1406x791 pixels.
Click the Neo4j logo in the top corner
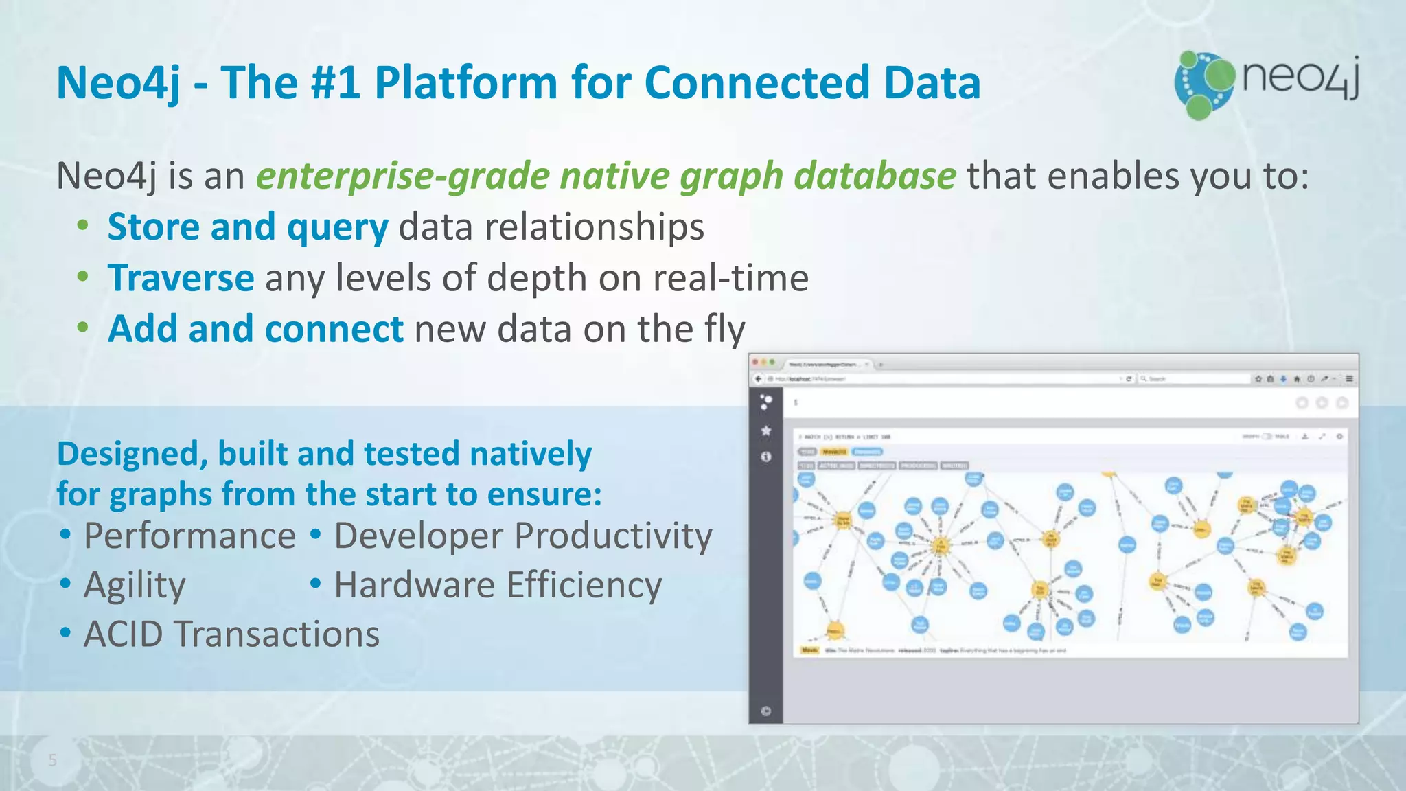click(1267, 83)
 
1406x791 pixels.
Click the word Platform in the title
click(464, 83)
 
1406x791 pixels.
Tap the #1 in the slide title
click(335, 83)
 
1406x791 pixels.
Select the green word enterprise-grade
click(403, 176)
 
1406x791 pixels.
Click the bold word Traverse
click(181, 278)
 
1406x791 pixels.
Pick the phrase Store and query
click(248, 227)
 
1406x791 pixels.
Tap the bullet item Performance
click(189, 536)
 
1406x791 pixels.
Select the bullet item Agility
click(135, 586)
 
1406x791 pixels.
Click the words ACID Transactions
click(231, 634)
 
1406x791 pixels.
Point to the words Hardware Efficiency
click(498, 586)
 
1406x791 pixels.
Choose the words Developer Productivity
click(523, 536)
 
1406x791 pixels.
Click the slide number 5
click(52, 760)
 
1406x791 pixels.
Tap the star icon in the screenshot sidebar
click(766, 431)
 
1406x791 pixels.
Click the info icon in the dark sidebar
click(766, 457)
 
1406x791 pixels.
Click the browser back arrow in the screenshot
click(759, 378)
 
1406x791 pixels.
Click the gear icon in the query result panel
click(1339, 437)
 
